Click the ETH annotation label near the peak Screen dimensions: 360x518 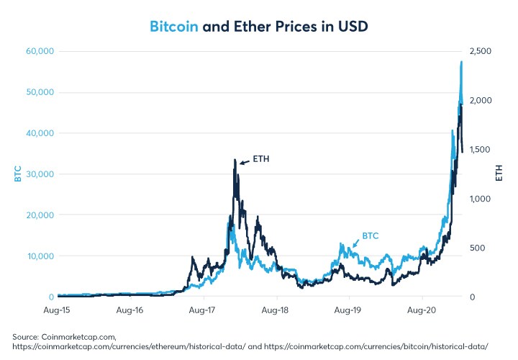260,158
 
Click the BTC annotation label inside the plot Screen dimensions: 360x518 370,235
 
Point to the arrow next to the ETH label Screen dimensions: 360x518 245,162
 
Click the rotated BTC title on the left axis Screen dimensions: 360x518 18,174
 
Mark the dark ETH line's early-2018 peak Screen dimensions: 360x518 235,161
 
